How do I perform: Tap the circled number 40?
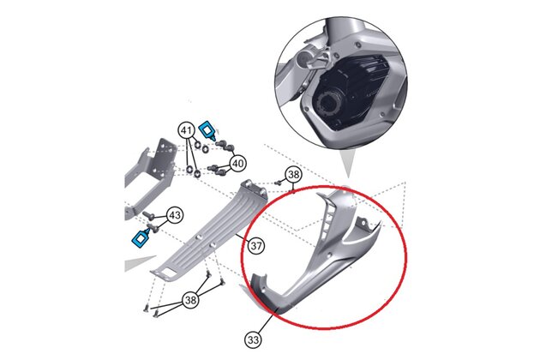(x=237, y=163)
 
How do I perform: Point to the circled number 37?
(x=256, y=246)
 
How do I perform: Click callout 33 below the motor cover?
(x=253, y=339)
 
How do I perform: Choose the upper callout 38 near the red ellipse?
(x=294, y=175)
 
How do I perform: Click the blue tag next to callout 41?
(x=208, y=131)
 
